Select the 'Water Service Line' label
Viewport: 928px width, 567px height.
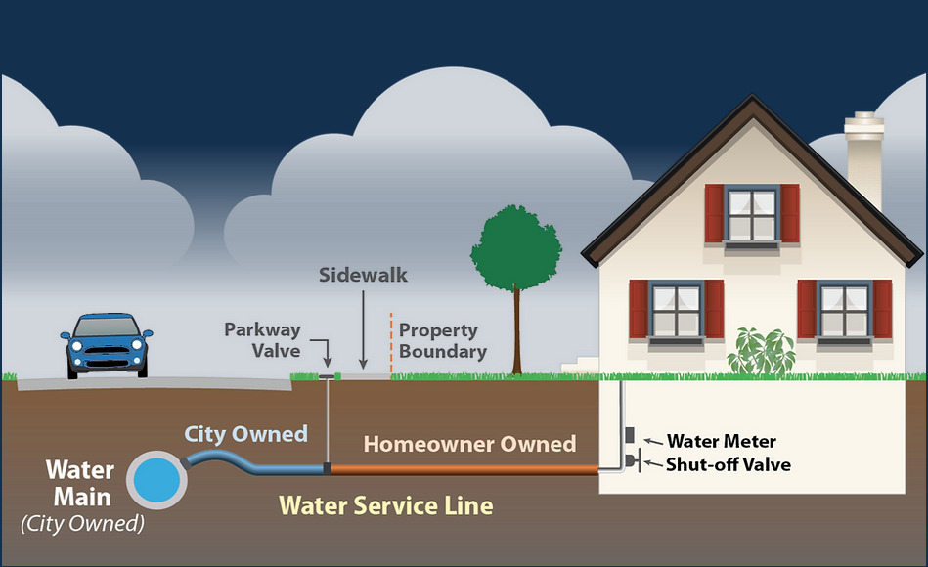[386, 505]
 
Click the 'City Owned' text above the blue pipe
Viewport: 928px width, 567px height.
[246, 434]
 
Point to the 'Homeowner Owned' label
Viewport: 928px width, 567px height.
[469, 444]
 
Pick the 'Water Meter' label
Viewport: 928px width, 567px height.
[722, 442]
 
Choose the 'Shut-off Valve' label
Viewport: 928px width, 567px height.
[729, 464]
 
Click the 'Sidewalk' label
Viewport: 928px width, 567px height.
[363, 275]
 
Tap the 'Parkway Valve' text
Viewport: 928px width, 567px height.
[262, 339]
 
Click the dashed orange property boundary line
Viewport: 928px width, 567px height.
[391, 342]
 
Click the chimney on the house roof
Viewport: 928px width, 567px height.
[864, 156]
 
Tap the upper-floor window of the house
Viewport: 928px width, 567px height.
[752, 215]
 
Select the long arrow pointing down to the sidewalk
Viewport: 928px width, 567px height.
[363, 327]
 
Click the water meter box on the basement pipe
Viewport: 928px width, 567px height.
[631, 434]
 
